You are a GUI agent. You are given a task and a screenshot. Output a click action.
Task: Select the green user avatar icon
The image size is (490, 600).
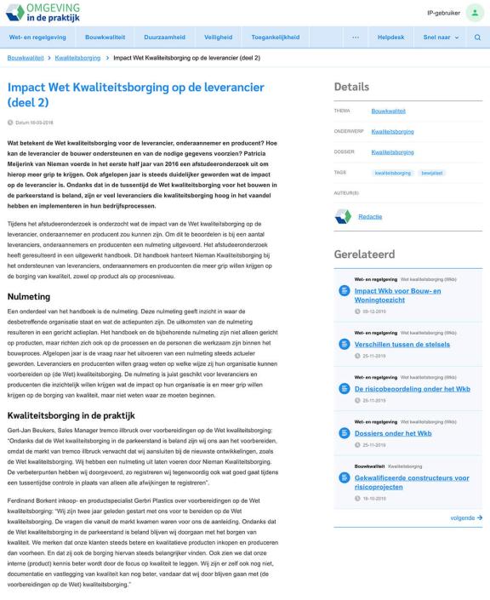pos(471,14)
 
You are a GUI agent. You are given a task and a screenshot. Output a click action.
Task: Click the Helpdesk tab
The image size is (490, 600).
pos(391,37)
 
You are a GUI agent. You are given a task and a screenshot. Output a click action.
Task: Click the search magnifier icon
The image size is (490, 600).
pos(477,37)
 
